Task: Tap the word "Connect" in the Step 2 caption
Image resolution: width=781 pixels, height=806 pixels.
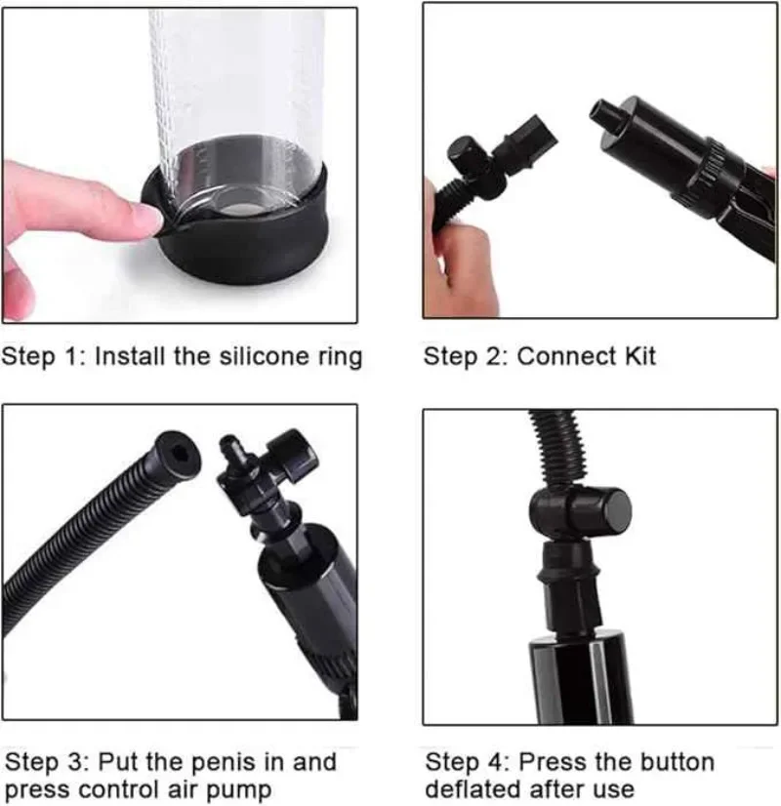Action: tap(565, 356)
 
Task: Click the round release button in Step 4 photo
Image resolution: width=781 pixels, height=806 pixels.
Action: tap(613, 511)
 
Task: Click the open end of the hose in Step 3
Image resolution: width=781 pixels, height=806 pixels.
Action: tap(178, 454)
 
